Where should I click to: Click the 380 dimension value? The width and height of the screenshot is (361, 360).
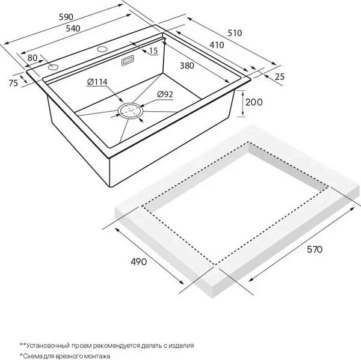(x=187, y=66)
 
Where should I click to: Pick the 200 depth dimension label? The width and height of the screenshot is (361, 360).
(x=254, y=103)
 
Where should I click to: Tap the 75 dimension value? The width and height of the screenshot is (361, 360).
(x=13, y=83)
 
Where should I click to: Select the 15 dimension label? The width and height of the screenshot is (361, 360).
(x=153, y=52)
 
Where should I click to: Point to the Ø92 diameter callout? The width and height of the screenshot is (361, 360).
(x=165, y=94)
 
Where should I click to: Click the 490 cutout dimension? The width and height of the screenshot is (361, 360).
(x=140, y=263)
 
